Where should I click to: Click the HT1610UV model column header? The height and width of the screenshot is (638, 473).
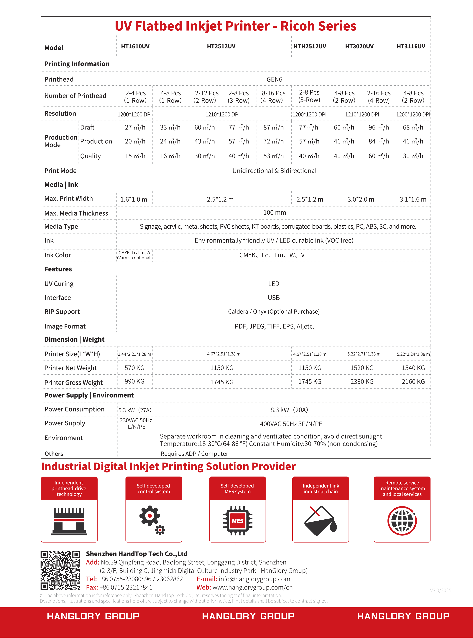click(x=135, y=46)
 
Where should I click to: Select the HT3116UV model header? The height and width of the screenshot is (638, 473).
click(x=411, y=46)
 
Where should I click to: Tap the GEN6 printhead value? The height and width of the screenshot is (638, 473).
click(x=274, y=80)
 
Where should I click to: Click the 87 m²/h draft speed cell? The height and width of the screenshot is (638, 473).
click(x=273, y=127)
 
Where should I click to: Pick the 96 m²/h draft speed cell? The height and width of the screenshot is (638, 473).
click(x=379, y=127)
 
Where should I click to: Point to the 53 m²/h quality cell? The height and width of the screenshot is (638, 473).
click(x=273, y=156)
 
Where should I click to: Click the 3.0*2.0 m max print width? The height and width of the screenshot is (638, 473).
click(x=361, y=199)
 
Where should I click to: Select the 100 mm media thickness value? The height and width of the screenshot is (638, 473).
click(x=275, y=213)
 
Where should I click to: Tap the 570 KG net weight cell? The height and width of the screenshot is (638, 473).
click(x=134, y=368)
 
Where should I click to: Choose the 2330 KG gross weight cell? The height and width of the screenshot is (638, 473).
click(x=362, y=382)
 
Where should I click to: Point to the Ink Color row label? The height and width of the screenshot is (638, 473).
click(x=58, y=255)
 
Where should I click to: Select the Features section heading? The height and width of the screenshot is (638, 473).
click(x=58, y=269)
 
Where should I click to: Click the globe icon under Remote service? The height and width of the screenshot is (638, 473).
click(x=402, y=521)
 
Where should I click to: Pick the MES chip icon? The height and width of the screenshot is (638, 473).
click(x=237, y=521)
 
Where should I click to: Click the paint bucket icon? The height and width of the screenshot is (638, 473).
click(x=320, y=521)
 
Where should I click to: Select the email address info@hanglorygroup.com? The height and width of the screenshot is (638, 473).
click(x=254, y=579)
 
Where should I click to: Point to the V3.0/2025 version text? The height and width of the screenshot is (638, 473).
click(x=440, y=590)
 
